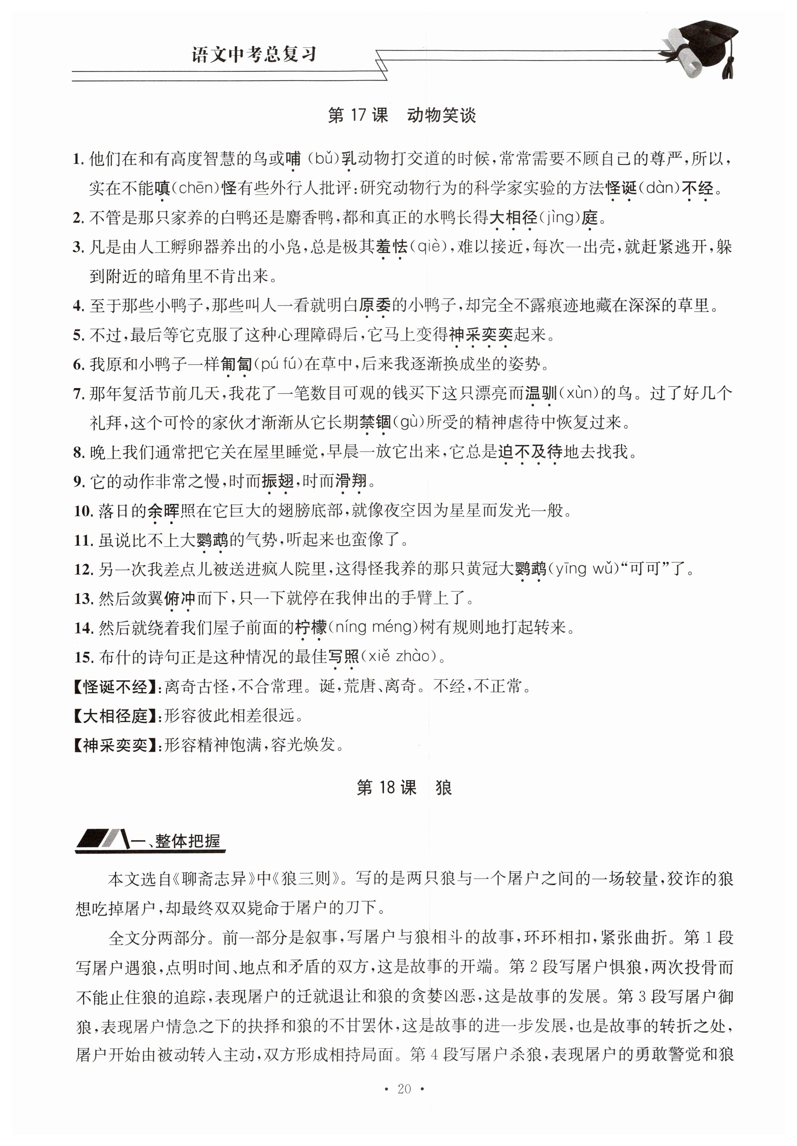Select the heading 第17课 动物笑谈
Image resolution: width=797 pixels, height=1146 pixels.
[401, 115]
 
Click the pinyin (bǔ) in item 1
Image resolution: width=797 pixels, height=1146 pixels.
[320, 159]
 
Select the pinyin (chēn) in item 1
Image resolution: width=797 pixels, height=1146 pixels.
[195, 188]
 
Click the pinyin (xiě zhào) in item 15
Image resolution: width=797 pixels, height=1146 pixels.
[399, 656]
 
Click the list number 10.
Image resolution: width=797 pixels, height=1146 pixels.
[83, 511]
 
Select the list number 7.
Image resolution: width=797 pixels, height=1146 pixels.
[79, 394]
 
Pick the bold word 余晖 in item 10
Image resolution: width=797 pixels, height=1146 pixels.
[163, 510]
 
